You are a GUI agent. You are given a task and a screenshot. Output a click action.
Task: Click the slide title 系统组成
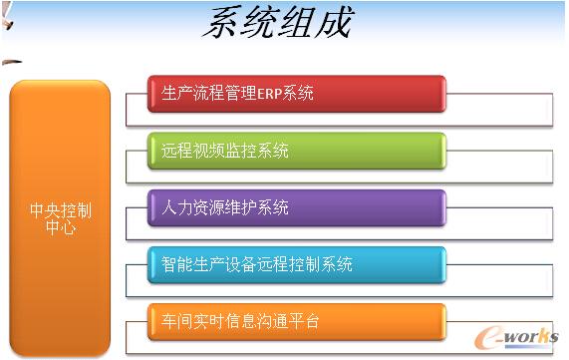(276, 23)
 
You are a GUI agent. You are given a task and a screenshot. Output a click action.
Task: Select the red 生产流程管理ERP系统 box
(296, 95)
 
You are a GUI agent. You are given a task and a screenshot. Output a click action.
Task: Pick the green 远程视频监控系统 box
(296, 152)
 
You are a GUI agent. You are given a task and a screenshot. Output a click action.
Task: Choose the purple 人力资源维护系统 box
(296, 208)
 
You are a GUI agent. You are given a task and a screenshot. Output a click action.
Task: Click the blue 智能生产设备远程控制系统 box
(296, 265)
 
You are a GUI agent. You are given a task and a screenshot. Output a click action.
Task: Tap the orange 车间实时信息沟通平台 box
(296, 321)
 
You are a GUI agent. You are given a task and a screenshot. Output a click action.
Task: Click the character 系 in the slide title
(218, 23)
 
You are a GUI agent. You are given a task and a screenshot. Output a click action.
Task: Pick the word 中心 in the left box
(61, 227)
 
